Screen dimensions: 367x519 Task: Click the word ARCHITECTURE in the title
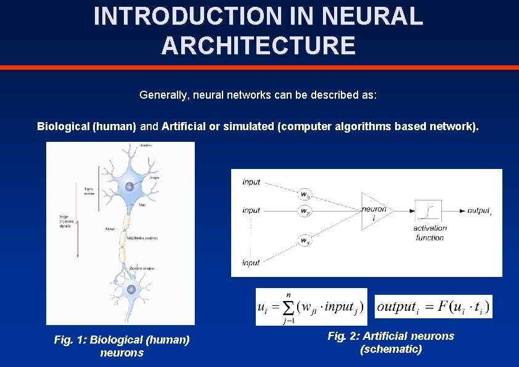[258, 46]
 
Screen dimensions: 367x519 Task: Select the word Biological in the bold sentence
[63, 126]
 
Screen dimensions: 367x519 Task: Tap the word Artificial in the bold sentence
[183, 126]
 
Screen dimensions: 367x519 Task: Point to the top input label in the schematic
[251, 182]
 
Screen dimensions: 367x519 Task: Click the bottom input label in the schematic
[251, 263]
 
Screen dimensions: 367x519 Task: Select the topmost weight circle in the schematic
[304, 195]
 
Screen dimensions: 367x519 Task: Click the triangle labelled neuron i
[373, 210]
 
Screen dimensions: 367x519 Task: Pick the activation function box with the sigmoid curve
[428, 211]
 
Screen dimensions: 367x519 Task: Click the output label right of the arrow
[479, 211]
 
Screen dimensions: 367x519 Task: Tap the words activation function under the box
[430, 233]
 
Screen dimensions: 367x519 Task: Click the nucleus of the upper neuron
[129, 187]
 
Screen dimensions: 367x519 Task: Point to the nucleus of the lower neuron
[130, 290]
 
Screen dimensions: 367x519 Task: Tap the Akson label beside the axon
[110, 228]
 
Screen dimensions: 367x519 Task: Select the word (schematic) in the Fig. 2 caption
[391, 349]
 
